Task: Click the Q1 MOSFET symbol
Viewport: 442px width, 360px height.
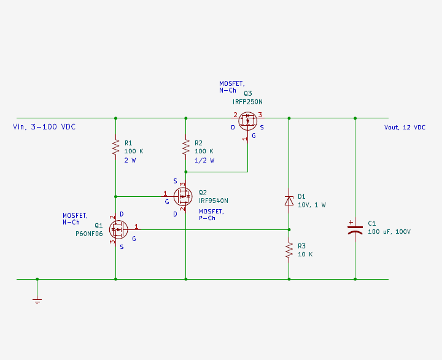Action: [x=118, y=229]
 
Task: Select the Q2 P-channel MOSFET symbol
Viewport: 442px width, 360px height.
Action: [x=183, y=196]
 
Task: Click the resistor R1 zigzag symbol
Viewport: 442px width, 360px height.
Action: [x=115, y=147]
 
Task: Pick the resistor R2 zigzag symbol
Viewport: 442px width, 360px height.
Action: [x=185, y=147]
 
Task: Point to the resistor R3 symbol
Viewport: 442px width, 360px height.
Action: [x=289, y=250]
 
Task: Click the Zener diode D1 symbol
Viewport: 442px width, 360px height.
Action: [x=289, y=201]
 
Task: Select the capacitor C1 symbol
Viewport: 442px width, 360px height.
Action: [x=355, y=230]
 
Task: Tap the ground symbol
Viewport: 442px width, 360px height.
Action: [x=37, y=301]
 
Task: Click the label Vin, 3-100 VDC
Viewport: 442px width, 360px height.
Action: [x=44, y=127]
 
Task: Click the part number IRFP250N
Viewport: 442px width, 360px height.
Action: [x=247, y=102]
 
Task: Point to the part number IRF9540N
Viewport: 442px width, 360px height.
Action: [x=214, y=201]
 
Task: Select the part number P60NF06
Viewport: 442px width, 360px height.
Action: [x=89, y=234]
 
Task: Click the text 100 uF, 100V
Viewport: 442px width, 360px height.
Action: [x=389, y=232]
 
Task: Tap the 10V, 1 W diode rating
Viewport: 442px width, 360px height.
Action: [x=312, y=205]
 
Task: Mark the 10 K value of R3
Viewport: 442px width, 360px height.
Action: [x=305, y=254]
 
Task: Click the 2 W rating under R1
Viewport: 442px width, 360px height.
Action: [x=130, y=160]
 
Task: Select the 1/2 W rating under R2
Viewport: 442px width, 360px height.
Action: [x=204, y=160]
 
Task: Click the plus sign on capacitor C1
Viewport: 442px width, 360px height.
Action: [x=351, y=222]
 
